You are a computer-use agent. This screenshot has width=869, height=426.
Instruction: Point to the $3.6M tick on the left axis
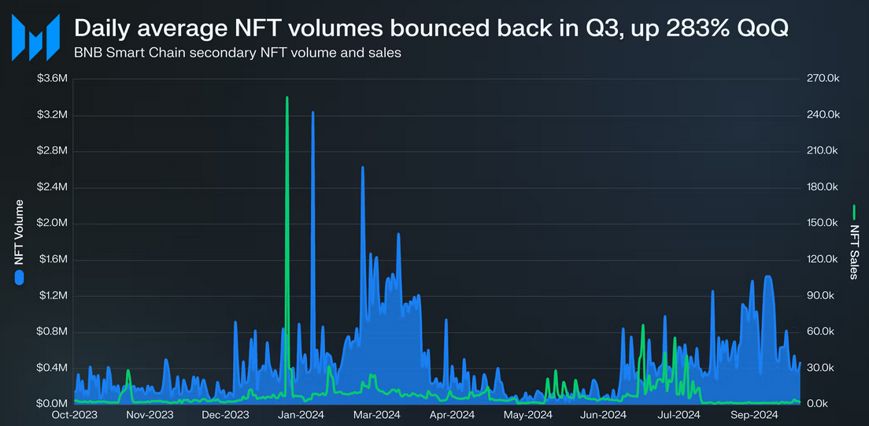pos(52,79)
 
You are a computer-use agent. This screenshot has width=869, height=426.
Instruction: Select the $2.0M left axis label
pos(52,224)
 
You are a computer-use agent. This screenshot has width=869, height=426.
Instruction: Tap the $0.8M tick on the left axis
pos(52,332)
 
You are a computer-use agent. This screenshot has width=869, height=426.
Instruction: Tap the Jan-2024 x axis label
pos(301,414)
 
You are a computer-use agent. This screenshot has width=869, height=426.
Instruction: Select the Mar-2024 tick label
pos(376,414)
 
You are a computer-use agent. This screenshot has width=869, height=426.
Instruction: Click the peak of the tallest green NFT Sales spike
pos(287,98)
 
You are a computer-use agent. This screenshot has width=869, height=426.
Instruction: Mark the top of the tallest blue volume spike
pos(312,113)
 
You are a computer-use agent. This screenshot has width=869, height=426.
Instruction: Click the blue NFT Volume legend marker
pos(20,277)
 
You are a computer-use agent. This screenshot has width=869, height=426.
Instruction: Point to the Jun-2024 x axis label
pos(603,414)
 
